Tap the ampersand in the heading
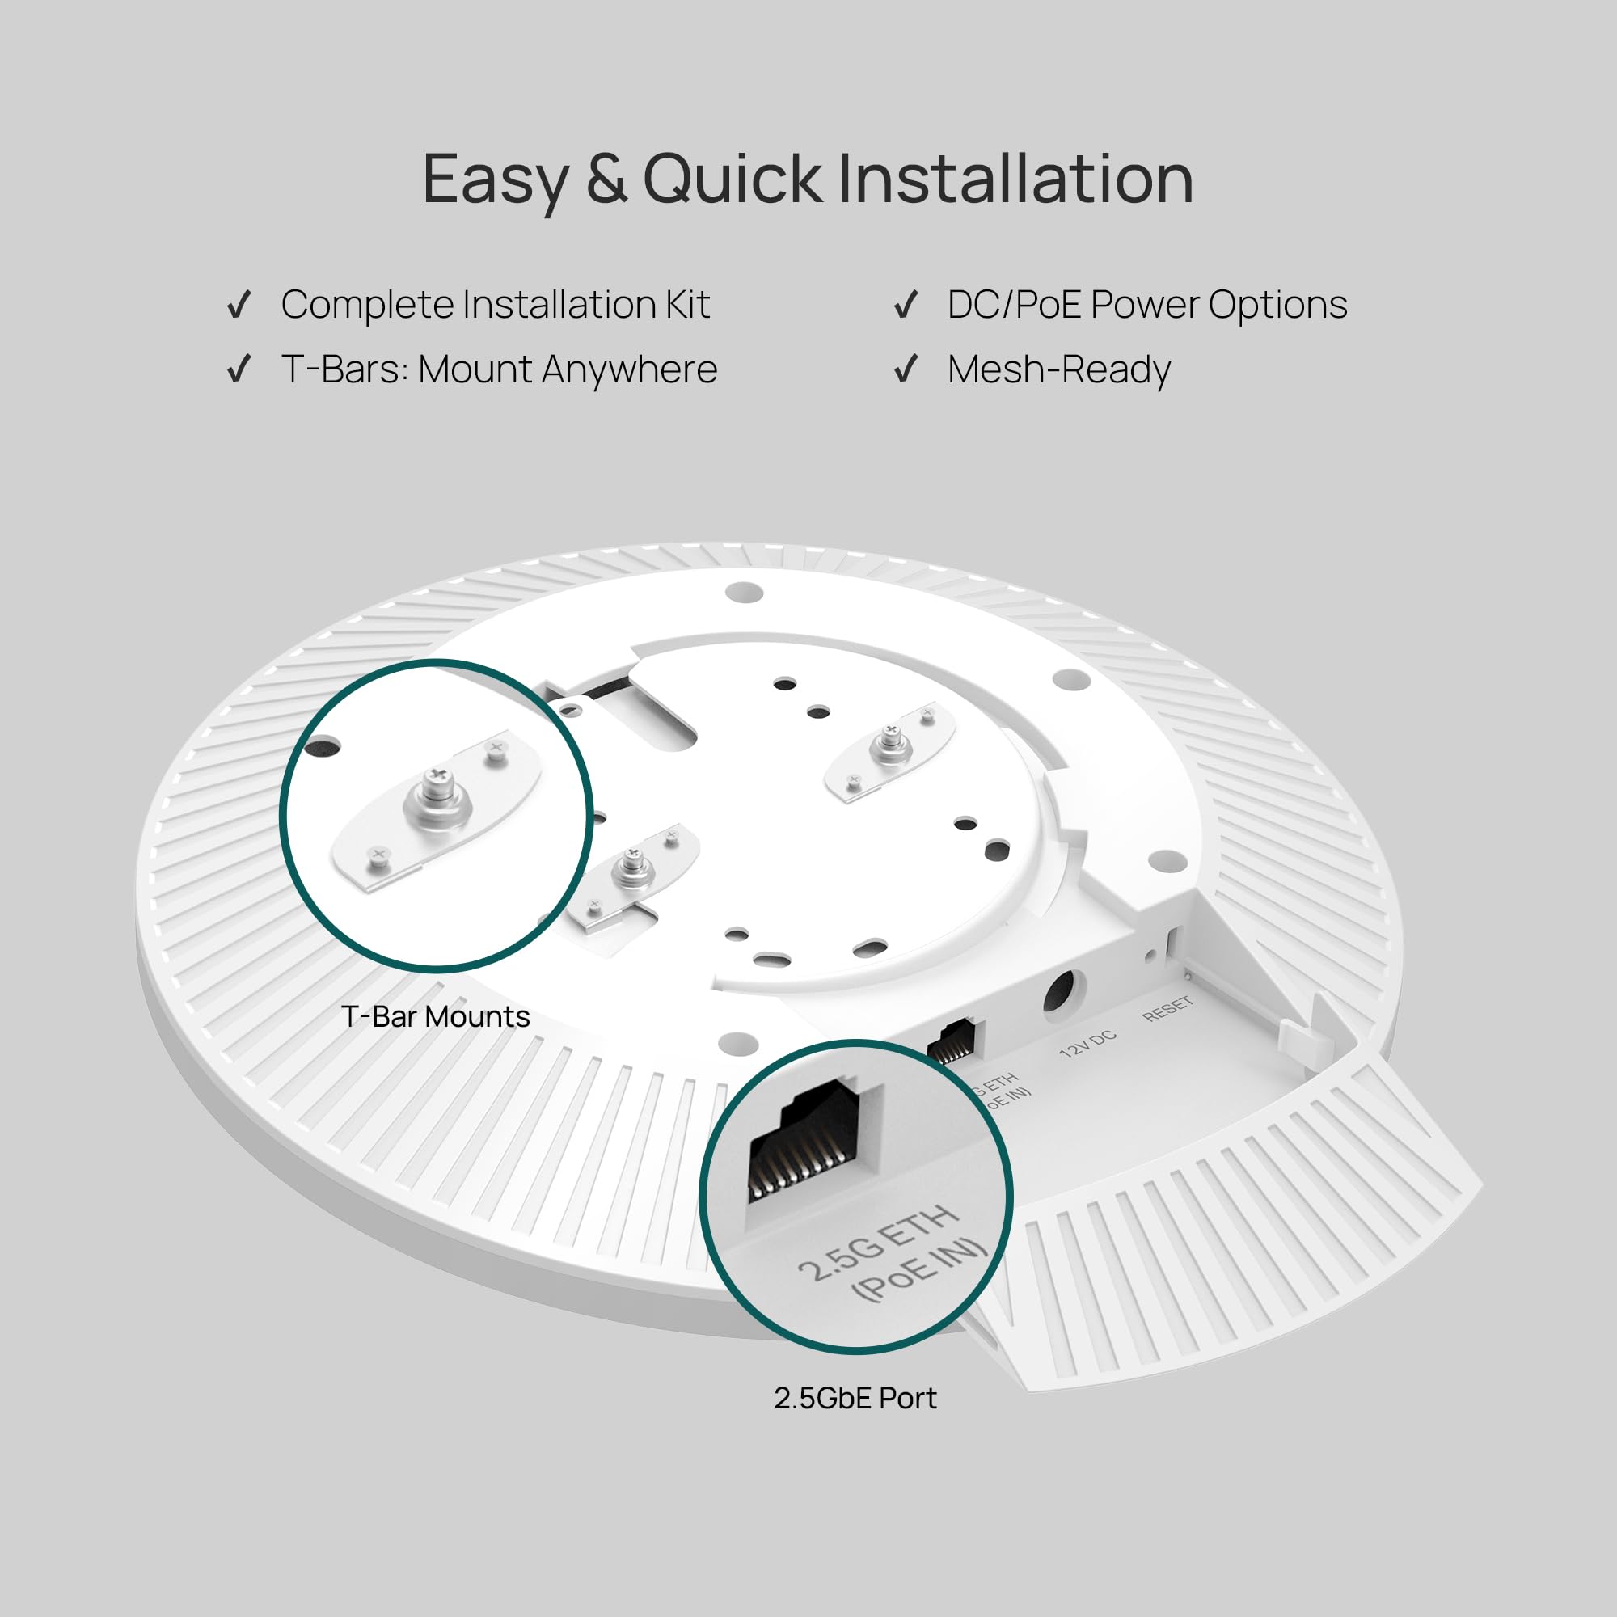click(x=606, y=179)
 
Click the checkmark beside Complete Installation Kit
click(x=239, y=305)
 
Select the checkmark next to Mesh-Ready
click(x=906, y=369)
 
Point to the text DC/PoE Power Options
click(x=1146, y=305)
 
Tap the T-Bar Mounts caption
click(x=435, y=1017)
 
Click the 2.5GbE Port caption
click(x=855, y=1399)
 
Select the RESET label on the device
click(x=1167, y=1008)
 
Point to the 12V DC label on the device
click(x=1087, y=1043)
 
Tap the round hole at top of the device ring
click(x=744, y=593)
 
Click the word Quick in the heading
click(x=733, y=179)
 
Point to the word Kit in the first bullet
click(x=687, y=305)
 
